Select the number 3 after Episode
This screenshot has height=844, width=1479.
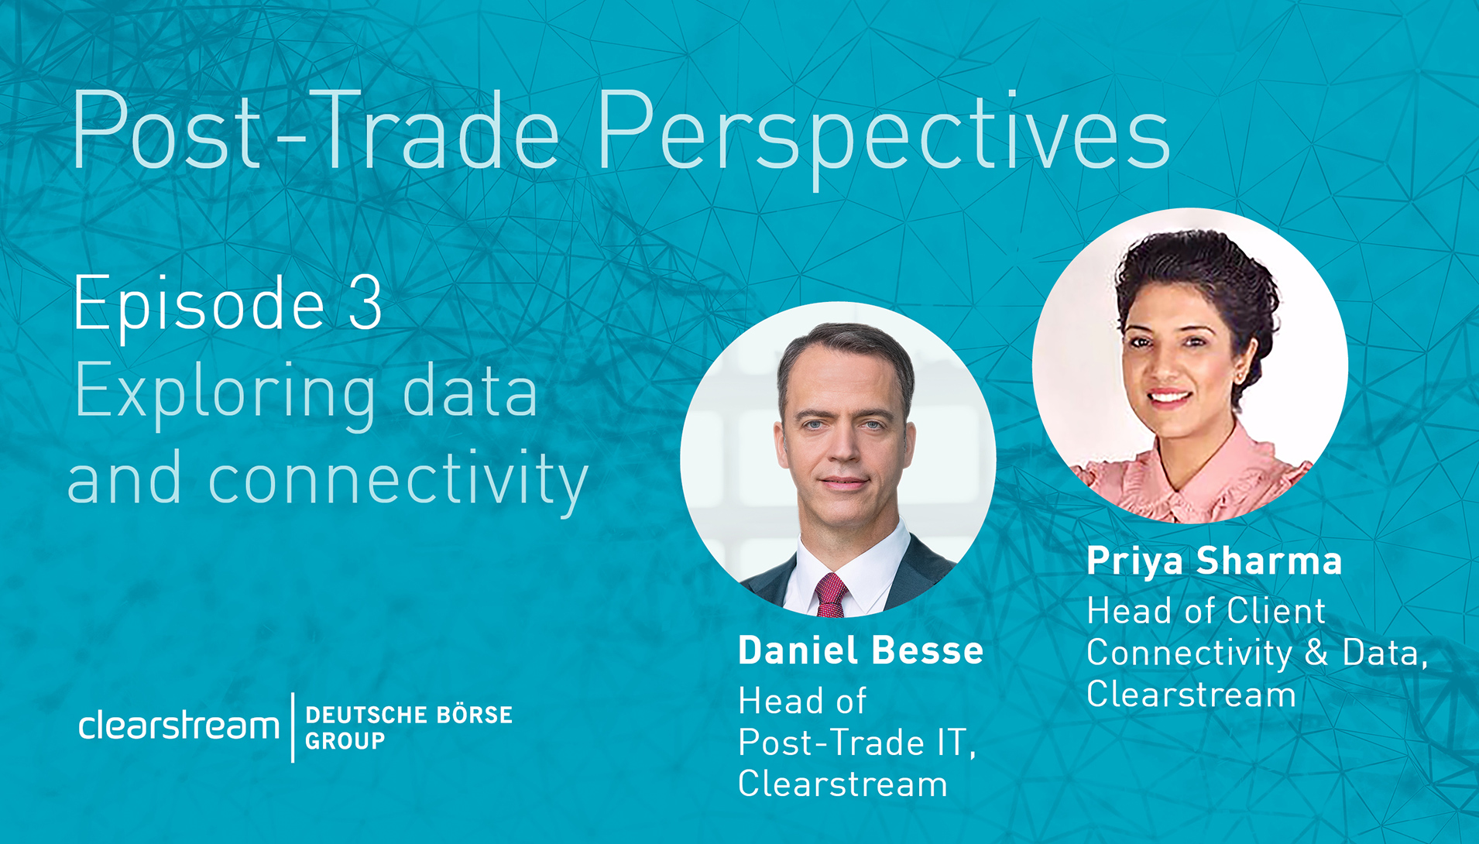click(x=365, y=303)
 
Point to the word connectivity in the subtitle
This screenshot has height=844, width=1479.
click(x=398, y=479)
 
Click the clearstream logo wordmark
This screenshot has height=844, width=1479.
click(x=179, y=726)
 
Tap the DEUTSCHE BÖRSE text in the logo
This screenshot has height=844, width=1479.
click(x=409, y=714)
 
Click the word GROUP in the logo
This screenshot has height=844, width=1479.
click(x=345, y=741)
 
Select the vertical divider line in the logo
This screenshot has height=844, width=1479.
click(x=293, y=727)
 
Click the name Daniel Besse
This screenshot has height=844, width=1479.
click(x=860, y=650)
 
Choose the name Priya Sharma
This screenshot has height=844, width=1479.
click(x=1214, y=561)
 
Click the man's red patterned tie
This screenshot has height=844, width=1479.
click(x=829, y=596)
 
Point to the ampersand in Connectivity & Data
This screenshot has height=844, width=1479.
click(x=1316, y=652)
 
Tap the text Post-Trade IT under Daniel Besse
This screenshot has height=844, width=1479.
click(x=856, y=743)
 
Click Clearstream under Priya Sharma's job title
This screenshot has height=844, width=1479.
click(x=1191, y=694)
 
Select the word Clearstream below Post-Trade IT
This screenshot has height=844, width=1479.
click(x=842, y=784)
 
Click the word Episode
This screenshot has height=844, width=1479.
click(x=198, y=306)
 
